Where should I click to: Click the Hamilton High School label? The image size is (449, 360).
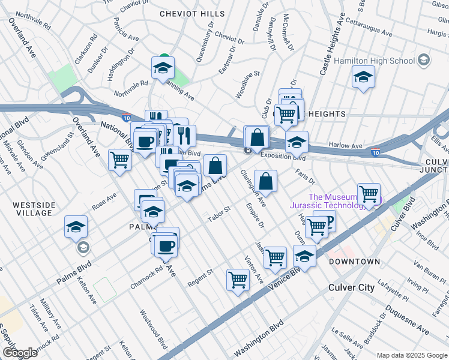click(x=374, y=61)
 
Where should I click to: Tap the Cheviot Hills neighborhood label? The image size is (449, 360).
click(x=192, y=13)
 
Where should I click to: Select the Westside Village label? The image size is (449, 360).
click(x=33, y=209)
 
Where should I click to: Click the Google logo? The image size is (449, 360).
click(x=19, y=353)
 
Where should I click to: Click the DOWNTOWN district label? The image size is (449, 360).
click(x=354, y=262)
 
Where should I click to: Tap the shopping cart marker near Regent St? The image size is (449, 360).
click(x=238, y=280)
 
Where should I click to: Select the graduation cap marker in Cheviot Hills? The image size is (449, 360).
click(x=162, y=68)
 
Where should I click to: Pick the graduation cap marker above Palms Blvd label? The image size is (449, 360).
click(x=77, y=227)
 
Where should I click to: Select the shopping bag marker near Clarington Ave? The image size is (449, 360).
click(x=265, y=181)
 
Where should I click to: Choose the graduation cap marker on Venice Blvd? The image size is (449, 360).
click(x=305, y=256)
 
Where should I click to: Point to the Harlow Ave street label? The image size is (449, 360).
click(x=345, y=146)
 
